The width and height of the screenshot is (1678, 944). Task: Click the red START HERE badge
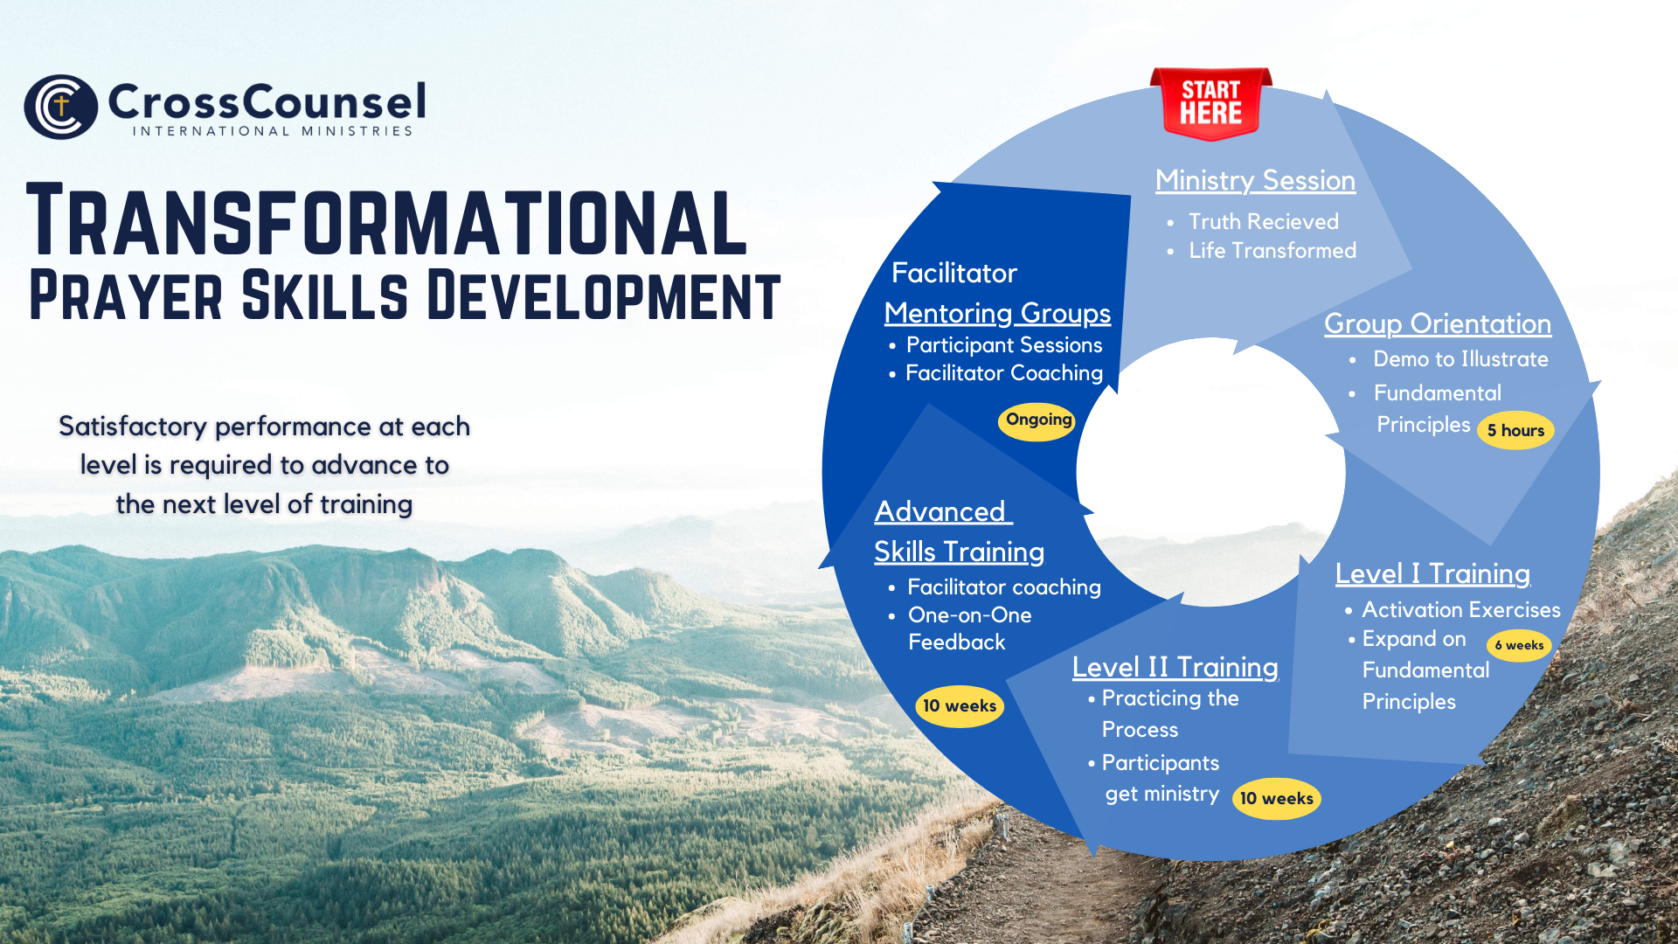1211,103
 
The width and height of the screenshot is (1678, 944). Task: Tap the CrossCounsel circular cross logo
60,107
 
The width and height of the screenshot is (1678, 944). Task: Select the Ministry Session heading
1255,180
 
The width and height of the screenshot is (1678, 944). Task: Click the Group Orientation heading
1438,323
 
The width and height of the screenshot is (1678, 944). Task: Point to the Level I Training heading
1432,573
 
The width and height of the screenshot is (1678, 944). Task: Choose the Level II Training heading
1175,667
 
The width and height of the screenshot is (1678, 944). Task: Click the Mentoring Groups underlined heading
997,313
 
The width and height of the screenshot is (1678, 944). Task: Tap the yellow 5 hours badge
1515,430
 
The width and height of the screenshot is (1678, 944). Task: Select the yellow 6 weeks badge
1519,645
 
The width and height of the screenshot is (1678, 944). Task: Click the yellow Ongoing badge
1037,420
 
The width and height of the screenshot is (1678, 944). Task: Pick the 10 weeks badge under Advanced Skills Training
960,706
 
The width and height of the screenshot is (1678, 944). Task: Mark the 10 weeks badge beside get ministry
1277,798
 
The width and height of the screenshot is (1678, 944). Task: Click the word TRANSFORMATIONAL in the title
387,220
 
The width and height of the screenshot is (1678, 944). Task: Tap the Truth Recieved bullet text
1264,222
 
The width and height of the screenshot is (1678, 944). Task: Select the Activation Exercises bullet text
1461,609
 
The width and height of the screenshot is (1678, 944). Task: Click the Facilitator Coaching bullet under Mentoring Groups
1004,373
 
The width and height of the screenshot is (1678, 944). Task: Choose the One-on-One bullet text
970,615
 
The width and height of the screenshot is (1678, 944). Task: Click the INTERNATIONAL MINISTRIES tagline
273,131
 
